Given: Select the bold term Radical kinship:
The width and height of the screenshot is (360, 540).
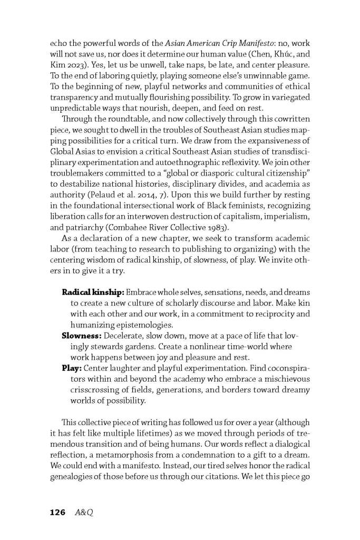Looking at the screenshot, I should pos(92,292).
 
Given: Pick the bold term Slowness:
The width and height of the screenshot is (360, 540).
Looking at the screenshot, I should pos(82,335).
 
